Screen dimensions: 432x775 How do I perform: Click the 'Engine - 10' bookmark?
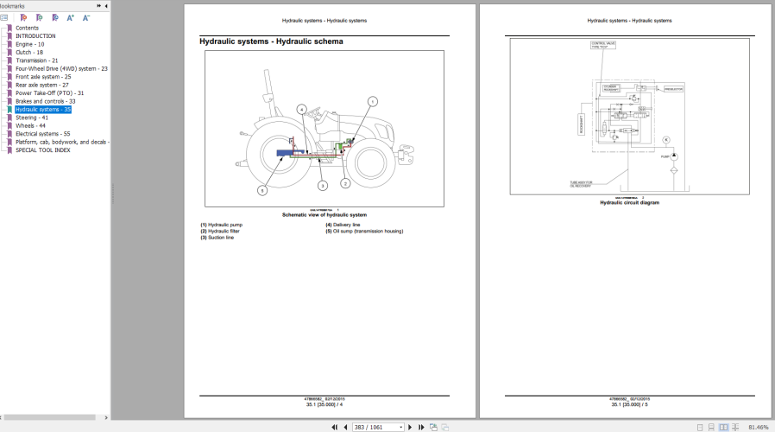(x=29, y=44)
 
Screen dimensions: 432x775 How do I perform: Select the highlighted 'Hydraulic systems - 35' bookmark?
(x=43, y=110)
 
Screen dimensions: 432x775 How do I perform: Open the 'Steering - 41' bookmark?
(x=31, y=118)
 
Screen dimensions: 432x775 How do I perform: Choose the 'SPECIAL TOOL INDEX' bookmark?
(x=43, y=150)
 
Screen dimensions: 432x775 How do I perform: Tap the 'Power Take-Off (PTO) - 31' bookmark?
(x=49, y=93)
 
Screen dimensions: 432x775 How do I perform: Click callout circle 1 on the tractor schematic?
(x=372, y=101)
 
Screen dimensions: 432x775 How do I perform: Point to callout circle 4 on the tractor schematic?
(x=302, y=109)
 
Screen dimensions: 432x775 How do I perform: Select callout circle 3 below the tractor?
(x=322, y=185)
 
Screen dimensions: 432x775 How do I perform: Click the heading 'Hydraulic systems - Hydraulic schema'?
(x=271, y=41)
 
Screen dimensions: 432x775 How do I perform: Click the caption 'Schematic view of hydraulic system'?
(x=324, y=214)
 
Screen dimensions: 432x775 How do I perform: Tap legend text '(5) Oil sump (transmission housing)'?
(x=363, y=231)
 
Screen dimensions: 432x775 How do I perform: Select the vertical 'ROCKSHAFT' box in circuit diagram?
(x=582, y=124)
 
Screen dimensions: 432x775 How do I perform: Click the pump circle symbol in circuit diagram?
(x=675, y=156)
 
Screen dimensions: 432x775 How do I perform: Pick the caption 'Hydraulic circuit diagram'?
(x=629, y=202)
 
